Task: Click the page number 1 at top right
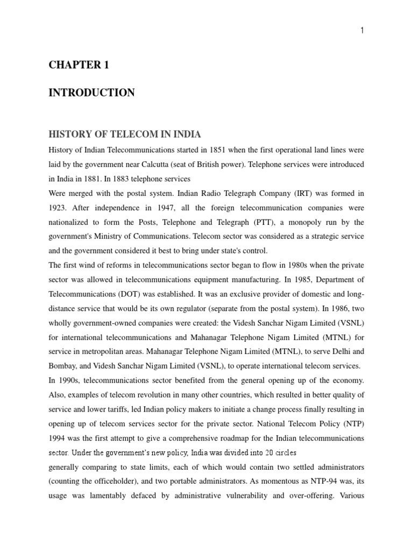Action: pos(362,31)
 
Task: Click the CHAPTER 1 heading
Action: pos(79,65)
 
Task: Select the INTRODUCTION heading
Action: pos(91,93)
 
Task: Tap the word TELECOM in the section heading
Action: pos(115,134)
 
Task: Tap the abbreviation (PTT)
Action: pos(246,222)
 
